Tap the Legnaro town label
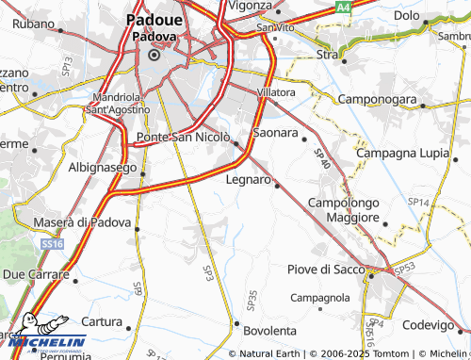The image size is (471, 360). point(249,178)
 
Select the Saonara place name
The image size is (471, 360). point(277,134)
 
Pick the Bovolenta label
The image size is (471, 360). point(269,332)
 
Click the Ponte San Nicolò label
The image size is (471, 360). point(183,139)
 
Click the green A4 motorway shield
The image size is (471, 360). point(345,7)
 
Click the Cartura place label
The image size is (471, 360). point(103,320)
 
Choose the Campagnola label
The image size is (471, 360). point(320,298)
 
